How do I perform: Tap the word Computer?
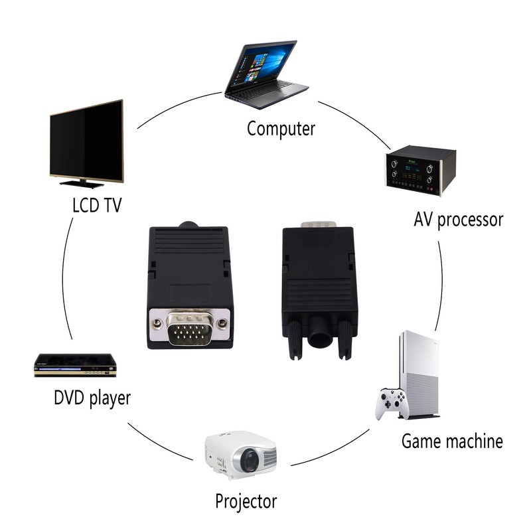pos(281,128)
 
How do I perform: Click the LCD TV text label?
pos(97,205)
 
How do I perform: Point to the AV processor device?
pos(421,171)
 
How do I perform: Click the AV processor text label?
pos(459,220)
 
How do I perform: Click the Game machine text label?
pos(452,441)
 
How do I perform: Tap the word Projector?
pos(246,501)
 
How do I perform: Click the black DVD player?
pos(75,364)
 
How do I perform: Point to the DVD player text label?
pos(92,398)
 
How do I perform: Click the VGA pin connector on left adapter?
pos(190,328)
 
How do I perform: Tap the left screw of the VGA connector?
pos(157,324)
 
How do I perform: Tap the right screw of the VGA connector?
pos(223,324)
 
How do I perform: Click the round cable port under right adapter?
pos(320,335)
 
